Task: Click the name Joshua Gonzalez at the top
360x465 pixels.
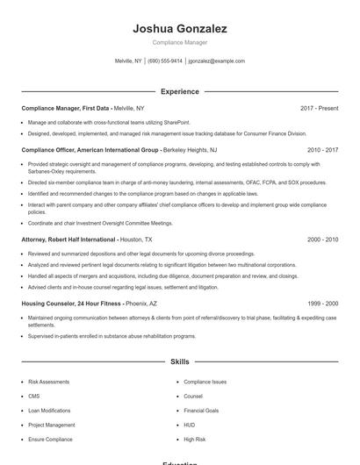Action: click(180, 29)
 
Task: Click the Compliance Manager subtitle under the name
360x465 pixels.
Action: click(180, 42)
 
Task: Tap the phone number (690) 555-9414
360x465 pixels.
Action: click(165, 61)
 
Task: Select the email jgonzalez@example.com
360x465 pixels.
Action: click(217, 61)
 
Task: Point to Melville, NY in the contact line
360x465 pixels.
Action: click(128, 61)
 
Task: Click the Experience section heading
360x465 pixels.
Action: click(180, 91)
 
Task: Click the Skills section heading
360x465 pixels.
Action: click(180, 361)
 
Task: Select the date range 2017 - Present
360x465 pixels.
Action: click(319, 108)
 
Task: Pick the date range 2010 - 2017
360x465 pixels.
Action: click(322, 150)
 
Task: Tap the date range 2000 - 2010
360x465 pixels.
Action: click(322, 239)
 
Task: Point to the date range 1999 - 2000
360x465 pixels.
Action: click(322, 303)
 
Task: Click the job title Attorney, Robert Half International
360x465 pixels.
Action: click(68, 239)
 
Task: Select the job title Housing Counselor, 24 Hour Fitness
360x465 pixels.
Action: click(72, 303)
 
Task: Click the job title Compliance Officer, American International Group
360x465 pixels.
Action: click(90, 150)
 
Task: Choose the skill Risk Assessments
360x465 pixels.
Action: click(49, 382)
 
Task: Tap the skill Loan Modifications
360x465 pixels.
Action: click(49, 410)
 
